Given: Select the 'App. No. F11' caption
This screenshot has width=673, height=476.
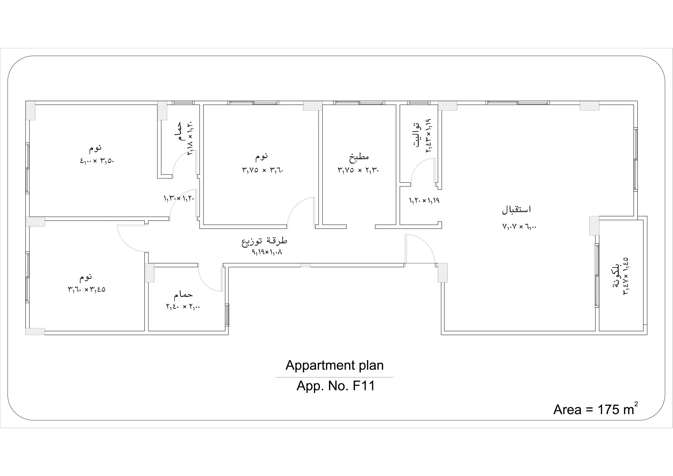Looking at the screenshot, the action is [x=336, y=386].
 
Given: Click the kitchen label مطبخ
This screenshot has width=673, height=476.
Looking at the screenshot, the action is [x=359, y=157].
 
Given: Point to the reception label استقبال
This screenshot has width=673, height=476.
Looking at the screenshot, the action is [x=516, y=210].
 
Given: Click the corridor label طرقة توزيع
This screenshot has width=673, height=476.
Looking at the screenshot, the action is [x=264, y=241].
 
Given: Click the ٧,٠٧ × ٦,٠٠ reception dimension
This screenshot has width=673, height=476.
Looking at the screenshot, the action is [x=519, y=226].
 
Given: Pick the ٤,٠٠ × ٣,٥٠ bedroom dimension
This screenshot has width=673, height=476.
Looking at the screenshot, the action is [x=97, y=161].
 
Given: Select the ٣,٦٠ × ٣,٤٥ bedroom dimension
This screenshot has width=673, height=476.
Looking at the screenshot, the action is [x=87, y=290].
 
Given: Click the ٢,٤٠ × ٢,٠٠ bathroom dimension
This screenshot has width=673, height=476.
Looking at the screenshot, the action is [x=183, y=307].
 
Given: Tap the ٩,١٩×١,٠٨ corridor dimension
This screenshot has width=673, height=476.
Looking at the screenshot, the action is [x=267, y=252].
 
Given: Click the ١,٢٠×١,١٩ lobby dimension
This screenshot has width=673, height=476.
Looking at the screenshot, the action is [x=424, y=201].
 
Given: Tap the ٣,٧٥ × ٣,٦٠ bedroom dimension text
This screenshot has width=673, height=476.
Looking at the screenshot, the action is [x=263, y=170].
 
